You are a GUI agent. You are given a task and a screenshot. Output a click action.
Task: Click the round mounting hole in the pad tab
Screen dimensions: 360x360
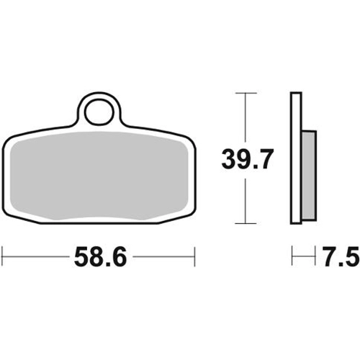pyautogui.click(x=100, y=112)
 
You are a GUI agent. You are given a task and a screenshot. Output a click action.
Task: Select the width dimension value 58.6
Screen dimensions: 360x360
pyautogui.click(x=100, y=257)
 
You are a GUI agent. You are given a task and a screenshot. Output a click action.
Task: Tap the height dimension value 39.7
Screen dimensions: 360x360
pyautogui.click(x=247, y=159)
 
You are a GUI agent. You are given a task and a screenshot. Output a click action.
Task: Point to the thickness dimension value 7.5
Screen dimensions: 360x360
pyautogui.click(x=341, y=257)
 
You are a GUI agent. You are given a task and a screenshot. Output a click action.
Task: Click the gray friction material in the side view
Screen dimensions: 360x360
pyautogui.click(x=309, y=176)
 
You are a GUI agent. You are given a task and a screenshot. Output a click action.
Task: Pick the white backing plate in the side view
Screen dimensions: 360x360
pyautogui.click(x=296, y=158)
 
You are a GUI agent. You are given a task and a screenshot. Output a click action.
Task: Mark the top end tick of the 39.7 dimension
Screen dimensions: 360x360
pyautogui.click(x=246, y=93)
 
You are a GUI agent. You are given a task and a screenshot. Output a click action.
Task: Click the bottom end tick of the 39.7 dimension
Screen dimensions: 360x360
pyautogui.click(x=246, y=223)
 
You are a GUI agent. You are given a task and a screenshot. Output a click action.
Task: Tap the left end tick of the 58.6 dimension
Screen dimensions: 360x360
pyautogui.click(x=2, y=256)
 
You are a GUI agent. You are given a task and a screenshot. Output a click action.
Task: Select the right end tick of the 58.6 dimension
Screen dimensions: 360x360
pyautogui.click(x=194, y=256)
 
